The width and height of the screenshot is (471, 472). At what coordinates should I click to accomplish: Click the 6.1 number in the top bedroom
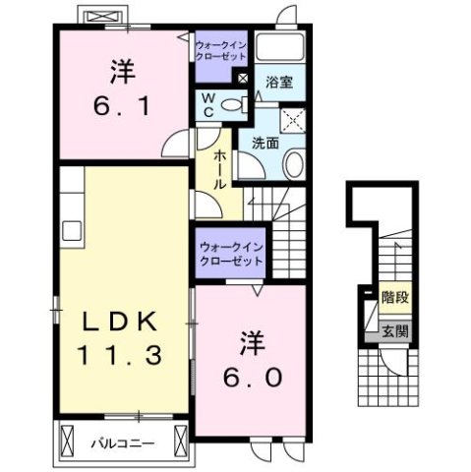pyautogui.click(x=123, y=105)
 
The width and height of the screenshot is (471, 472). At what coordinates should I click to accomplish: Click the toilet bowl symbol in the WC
pyautogui.click(x=233, y=105)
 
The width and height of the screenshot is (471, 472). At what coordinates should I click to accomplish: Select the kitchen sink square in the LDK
pyautogui.click(x=73, y=231)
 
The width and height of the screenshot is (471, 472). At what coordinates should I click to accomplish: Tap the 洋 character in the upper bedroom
pyautogui.click(x=122, y=71)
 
